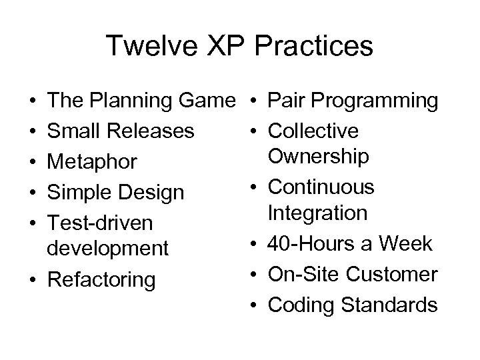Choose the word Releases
pyautogui.click(x=152, y=131)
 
